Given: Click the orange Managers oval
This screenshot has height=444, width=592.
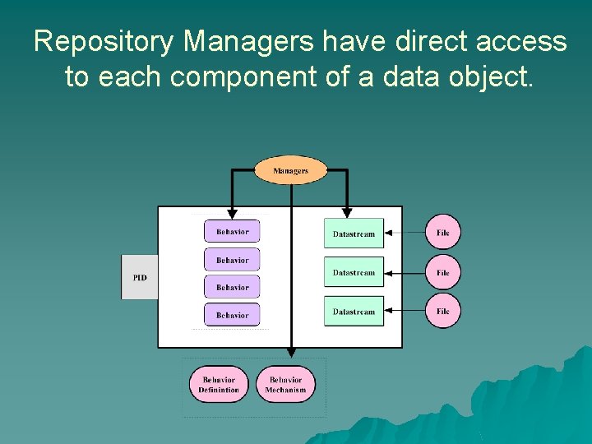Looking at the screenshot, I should click(290, 171).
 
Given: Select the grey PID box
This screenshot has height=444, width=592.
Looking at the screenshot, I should click(140, 277).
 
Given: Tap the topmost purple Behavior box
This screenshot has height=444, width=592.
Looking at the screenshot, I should click(232, 231).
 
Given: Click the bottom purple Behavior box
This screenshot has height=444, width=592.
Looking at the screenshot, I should click(232, 315).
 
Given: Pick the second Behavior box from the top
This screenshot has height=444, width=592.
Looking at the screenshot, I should click(232, 260).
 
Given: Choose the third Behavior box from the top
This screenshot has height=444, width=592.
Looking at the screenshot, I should click(232, 287).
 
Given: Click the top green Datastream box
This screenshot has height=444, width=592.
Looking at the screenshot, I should click(354, 234).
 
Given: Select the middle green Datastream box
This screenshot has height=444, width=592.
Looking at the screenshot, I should click(354, 272).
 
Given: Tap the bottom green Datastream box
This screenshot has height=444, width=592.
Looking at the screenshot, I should click(354, 312).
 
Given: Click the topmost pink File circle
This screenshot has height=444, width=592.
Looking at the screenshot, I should click(443, 233).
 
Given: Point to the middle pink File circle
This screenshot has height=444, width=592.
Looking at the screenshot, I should click(443, 272).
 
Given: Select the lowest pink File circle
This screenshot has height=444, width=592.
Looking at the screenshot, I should click(443, 311).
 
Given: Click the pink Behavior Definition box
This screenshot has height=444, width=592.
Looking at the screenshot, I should click(218, 385).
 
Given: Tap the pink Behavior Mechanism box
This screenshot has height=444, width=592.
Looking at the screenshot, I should click(285, 385).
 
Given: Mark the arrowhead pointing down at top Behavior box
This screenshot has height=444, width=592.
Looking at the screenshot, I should click(232, 212).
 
